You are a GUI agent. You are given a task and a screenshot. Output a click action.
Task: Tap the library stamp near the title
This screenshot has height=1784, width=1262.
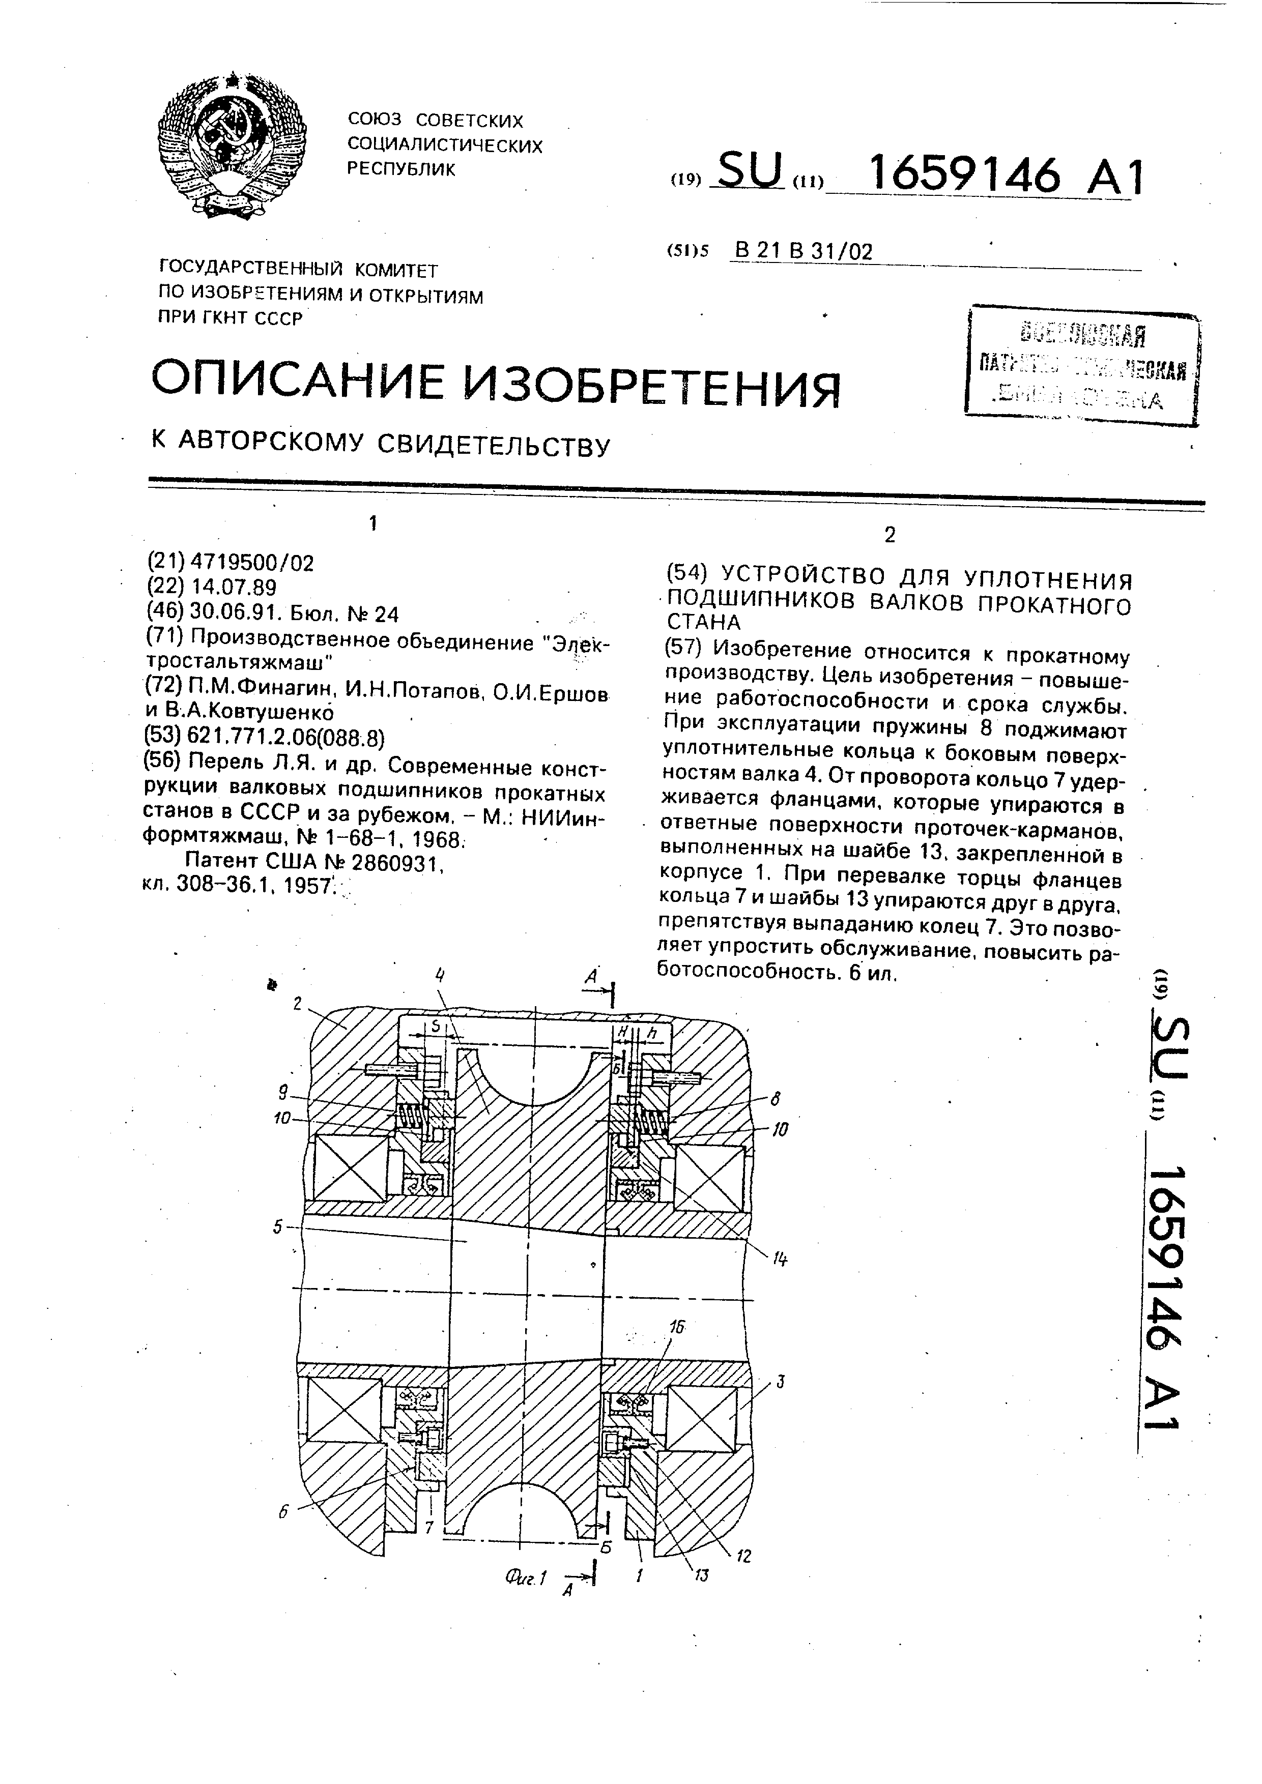coord(1082,366)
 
